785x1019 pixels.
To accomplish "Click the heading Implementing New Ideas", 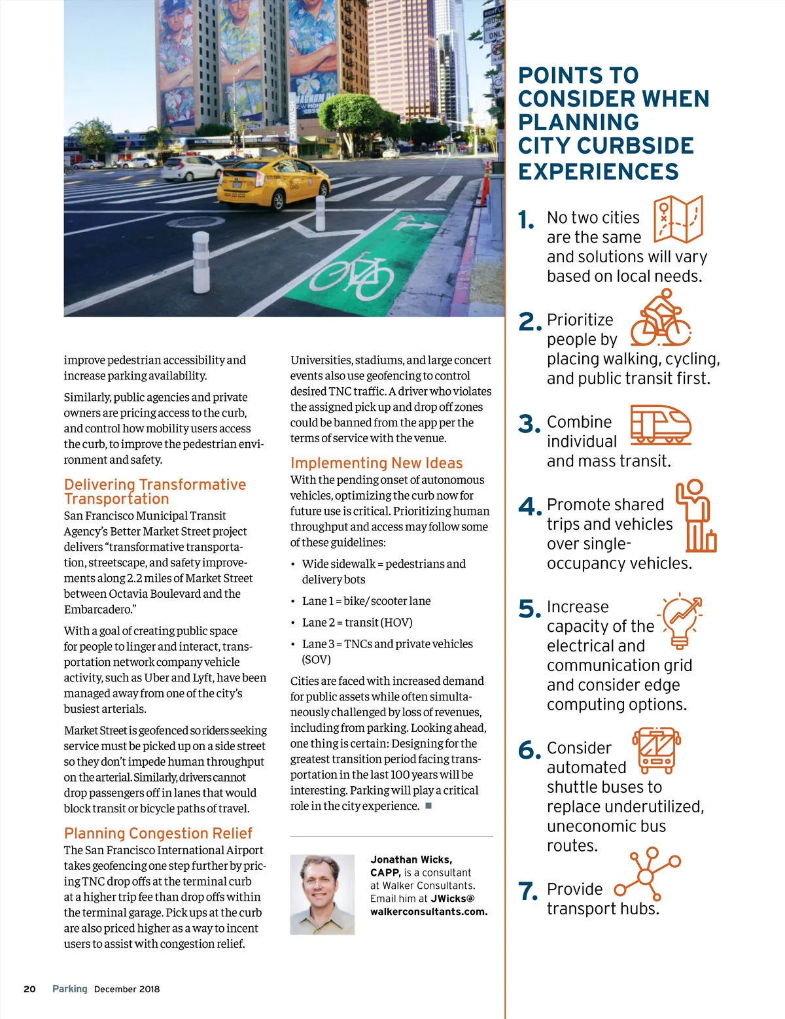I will coord(376,463).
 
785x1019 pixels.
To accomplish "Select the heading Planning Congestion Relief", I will coord(158,833).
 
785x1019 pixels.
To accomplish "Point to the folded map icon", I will coord(678,220).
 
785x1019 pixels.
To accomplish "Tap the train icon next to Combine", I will coord(660,424).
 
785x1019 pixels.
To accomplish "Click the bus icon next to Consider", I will coord(656,750).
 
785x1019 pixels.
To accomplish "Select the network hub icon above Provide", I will coord(646,874).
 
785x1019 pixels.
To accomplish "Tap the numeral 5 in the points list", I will coord(527,609).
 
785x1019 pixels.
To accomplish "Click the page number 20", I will coord(29,989).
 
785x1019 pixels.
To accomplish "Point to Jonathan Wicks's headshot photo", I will coord(322,894).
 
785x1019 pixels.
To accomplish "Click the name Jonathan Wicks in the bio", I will coord(411,859).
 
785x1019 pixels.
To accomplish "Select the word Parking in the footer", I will coord(69,989).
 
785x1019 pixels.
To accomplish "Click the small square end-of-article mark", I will coord(428,806).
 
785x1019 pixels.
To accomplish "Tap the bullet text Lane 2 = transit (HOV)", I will coord(357,623).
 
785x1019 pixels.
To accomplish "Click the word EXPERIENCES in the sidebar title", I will coord(598,171).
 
